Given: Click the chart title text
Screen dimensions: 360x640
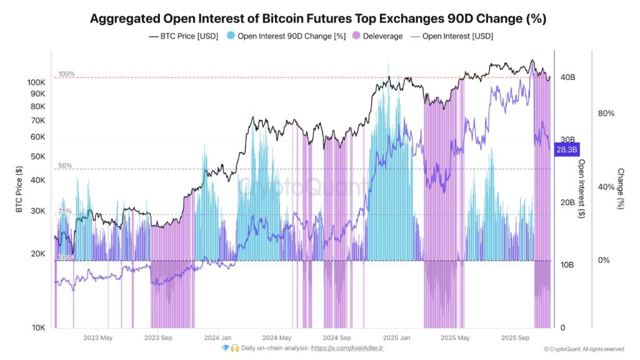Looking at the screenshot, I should (318, 19).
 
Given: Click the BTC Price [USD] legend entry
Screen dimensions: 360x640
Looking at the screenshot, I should (184, 36).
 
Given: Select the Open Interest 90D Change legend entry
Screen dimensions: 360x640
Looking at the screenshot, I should (286, 36).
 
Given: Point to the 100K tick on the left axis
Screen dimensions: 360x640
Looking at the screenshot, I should (36, 82).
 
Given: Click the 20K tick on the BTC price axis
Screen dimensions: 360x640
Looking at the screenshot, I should (38, 254).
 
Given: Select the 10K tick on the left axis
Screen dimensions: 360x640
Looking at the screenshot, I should (38, 327).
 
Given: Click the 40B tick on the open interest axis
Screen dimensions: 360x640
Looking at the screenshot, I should (567, 77).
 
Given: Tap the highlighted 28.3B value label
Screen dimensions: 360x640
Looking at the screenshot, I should (567, 149).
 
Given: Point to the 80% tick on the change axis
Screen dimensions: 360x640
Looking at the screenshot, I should (606, 113).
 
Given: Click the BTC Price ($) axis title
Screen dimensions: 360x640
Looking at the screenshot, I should (19, 189).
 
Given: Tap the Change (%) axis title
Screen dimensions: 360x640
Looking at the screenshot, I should (620, 189).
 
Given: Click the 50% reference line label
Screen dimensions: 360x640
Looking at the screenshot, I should (66, 166).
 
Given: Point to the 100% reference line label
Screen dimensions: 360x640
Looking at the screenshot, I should (67, 74).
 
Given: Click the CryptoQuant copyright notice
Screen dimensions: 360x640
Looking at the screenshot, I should (584, 349).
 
